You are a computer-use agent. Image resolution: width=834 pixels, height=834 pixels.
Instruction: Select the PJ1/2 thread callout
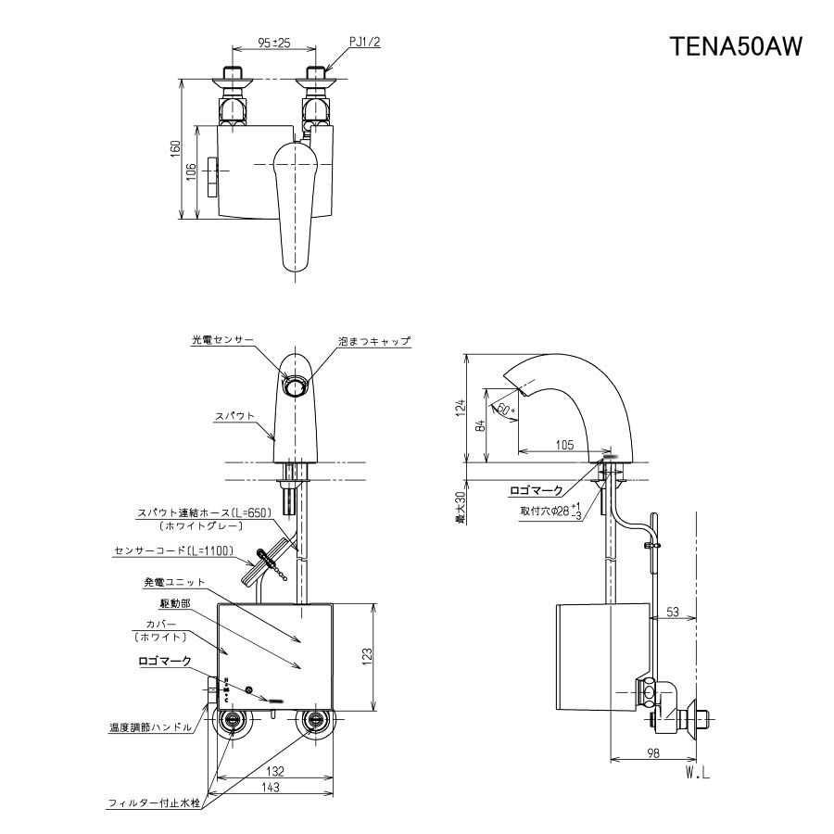coord(365,43)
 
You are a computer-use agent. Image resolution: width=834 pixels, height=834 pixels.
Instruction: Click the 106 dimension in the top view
coord(191,172)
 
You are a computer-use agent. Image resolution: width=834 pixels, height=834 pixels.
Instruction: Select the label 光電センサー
coord(222,341)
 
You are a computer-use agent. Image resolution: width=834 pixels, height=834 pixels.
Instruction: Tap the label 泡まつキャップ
coord(374,341)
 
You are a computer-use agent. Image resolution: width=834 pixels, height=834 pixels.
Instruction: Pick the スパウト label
coord(236,416)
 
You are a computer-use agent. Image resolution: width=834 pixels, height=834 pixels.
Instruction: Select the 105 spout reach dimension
coord(564,445)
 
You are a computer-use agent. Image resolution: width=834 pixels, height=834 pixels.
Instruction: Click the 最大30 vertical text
coord(459,507)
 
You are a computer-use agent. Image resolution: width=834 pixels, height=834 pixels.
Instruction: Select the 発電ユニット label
coord(174,582)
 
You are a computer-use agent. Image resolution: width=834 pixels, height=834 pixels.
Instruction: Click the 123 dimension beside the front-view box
coord(368,656)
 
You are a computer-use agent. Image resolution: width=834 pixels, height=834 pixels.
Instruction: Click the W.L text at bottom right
coord(698,771)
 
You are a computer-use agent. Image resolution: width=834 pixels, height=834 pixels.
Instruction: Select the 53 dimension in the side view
coord(674,611)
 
